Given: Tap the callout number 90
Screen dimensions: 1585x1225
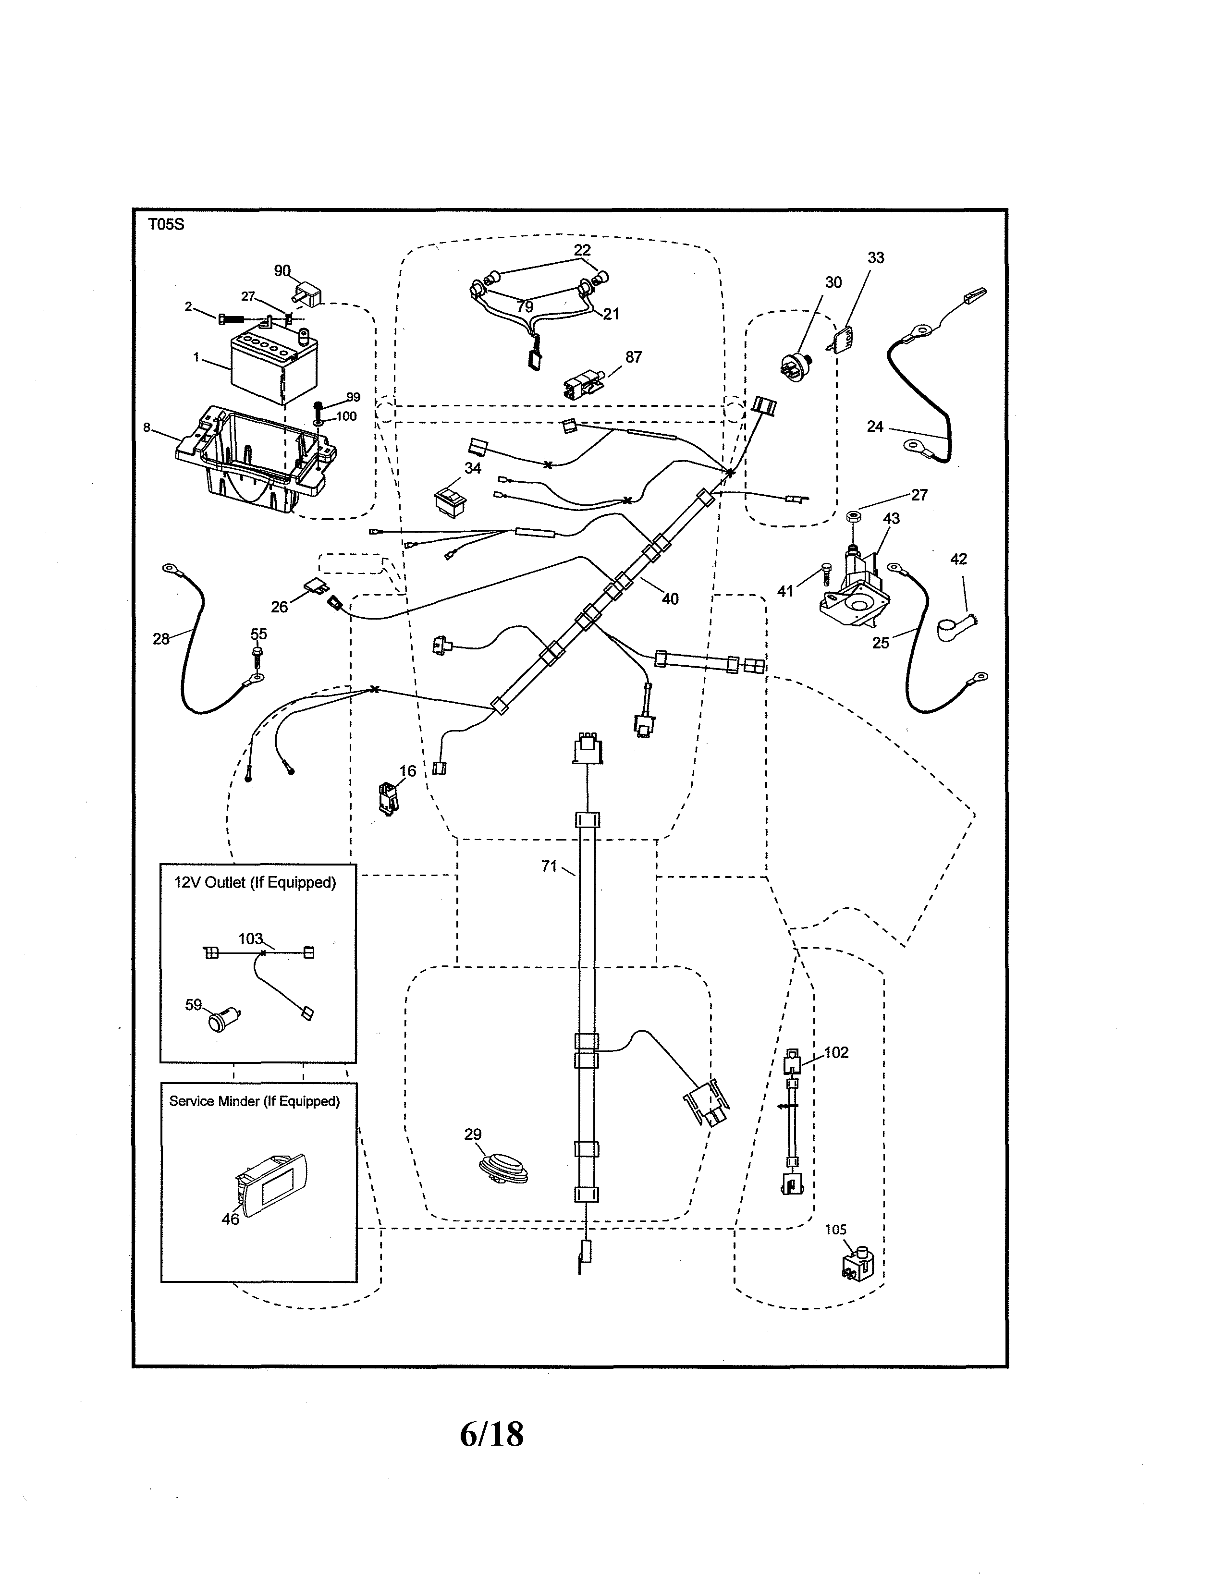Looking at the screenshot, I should pyautogui.click(x=282, y=271).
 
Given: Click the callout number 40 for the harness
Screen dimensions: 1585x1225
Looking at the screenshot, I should pyautogui.click(x=669, y=599).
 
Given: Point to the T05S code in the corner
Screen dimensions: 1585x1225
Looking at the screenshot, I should pyautogui.click(x=166, y=224).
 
